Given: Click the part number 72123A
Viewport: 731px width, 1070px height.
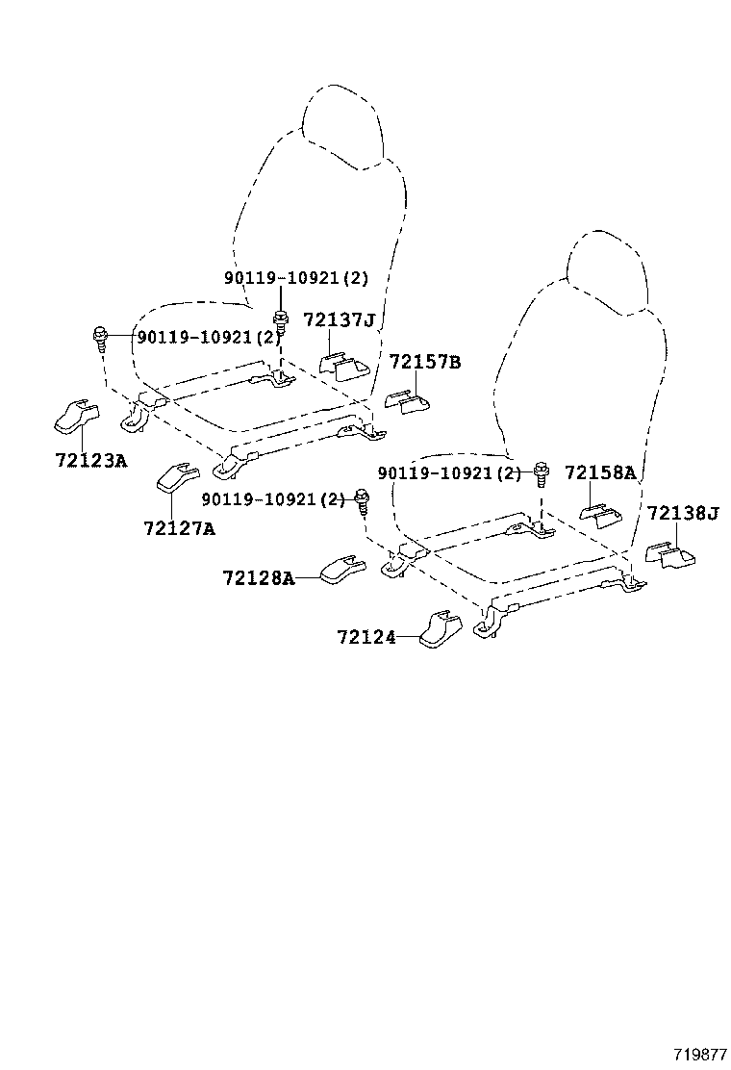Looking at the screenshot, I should click(x=90, y=459).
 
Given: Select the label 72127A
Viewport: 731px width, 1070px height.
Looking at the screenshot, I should click(x=179, y=527).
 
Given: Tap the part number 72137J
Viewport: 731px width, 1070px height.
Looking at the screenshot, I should click(x=339, y=319).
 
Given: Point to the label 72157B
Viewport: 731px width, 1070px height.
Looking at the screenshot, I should click(x=424, y=362).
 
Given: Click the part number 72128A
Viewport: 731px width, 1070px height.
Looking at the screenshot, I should click(x=258, y=577).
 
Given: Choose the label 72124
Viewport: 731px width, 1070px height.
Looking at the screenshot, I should click(x=365, y=637).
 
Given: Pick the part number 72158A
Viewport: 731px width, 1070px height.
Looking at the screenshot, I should click(x=599, y=472).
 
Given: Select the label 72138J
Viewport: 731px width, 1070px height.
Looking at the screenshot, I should click(x=682, y=513).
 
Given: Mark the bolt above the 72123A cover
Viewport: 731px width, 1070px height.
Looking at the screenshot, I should click(x=100, y=337).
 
